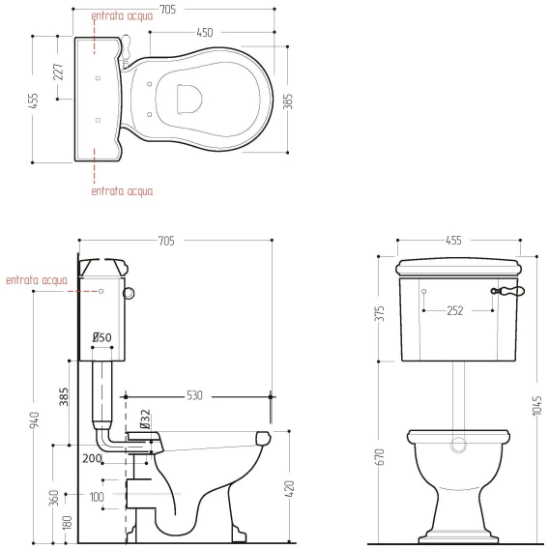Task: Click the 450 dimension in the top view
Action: [x=205, y=33]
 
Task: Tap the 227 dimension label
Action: [x=59, y=72]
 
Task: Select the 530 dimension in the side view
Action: [x=194, y=395]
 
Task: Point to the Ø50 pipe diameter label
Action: [x=101, y=337]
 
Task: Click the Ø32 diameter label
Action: [x=145, y=419]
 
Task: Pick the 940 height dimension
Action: [x=35, y=419]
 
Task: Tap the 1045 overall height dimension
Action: [x=536, y=406]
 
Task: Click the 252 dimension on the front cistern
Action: [x=455, y=311]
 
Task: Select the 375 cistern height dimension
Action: [x=380, y=313]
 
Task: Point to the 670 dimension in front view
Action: [x=380, y=457]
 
